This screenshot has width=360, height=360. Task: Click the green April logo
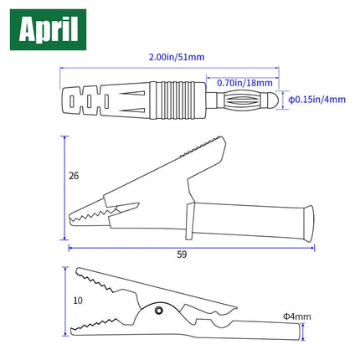click(x=48, y=29)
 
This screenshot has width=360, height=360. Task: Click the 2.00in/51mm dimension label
click(x=177, y=57)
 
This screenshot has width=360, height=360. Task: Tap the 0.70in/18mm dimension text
click(x=244, y=83)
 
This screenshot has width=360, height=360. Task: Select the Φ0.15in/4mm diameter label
click(x=316, y=100)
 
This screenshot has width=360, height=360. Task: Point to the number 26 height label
click(x=74, y=176)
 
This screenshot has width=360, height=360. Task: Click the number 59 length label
click(x=182, y=255)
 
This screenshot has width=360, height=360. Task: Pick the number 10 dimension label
click(x=78, y=301)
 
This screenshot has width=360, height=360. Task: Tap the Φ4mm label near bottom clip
click(x=297, y=316)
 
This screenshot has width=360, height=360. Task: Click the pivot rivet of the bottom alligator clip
click(x=159, y=310)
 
